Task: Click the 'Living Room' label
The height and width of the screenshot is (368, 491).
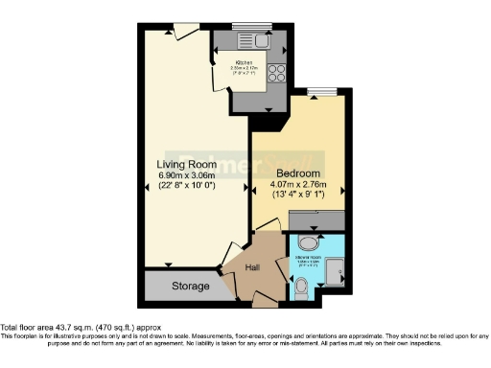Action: [x=187, y=163]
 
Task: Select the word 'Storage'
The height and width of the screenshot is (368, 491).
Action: [x=191, y=286]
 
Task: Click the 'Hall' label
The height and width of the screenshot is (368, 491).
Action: [x=253, y=268]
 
